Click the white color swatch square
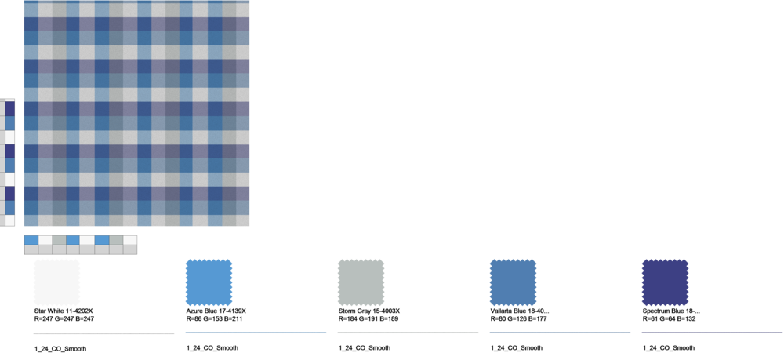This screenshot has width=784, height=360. [56, 282]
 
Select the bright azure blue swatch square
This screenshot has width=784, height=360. [209, 282]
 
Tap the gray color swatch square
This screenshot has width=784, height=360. [361, 282]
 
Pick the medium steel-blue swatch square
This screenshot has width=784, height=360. [513, 282]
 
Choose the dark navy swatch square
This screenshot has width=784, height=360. [665, 282]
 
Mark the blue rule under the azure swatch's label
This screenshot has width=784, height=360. [256, 333]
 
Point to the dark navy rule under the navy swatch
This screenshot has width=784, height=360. [712, 333]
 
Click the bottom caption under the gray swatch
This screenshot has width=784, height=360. [364, 347]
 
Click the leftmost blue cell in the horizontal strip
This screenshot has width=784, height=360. [31, 240]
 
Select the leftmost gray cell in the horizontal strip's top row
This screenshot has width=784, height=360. [60, 240]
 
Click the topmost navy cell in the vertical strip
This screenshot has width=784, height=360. [10, 108]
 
